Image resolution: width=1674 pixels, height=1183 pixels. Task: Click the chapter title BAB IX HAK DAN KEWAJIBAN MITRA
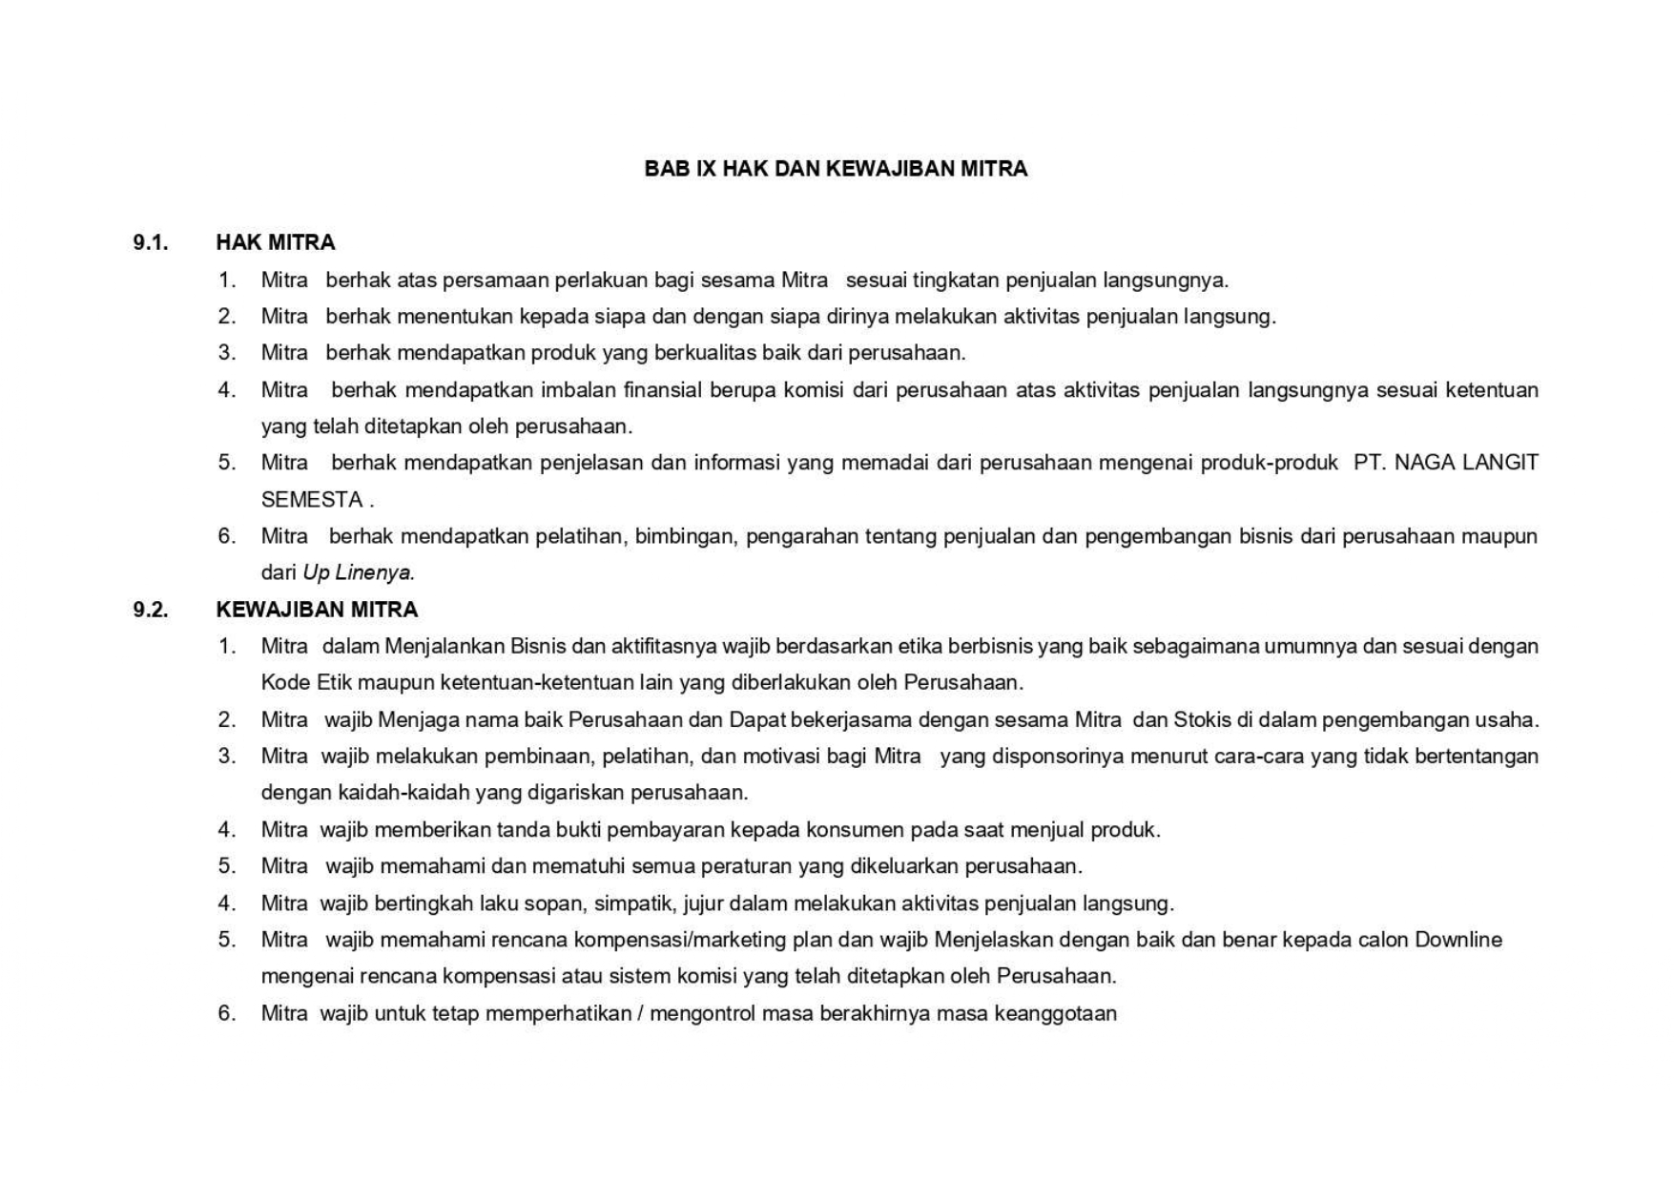pyautogui.click(x=836, y=169)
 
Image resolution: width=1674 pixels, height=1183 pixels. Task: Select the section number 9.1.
pyautogui.click(x=151, y=242)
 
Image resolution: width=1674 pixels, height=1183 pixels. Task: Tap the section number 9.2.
pyautogui.click(x=151, y=610)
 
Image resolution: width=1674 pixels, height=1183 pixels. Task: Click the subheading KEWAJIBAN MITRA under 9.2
pyautogui.click(x=317, y=610)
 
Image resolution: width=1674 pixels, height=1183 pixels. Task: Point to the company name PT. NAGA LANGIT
pyautogui.click(x=1445, y=463)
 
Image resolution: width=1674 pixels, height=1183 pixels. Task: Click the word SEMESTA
pyautogui.click(x=312, y=500)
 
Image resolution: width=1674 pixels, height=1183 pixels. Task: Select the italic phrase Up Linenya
pyautogui.click(x=359, y=573)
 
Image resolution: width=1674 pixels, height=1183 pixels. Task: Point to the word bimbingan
pyautogui.click(x=686, y=536)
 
